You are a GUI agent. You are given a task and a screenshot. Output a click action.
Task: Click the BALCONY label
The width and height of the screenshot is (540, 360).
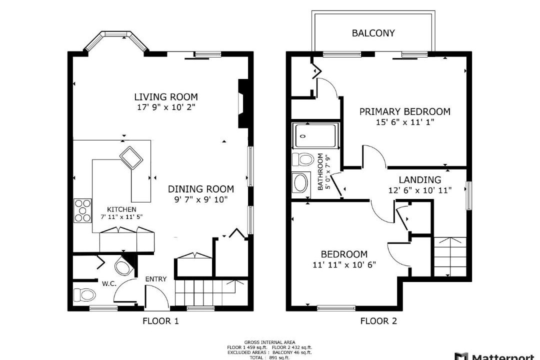(373, 33)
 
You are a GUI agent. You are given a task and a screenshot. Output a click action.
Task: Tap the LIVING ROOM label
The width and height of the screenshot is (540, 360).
(166, 97)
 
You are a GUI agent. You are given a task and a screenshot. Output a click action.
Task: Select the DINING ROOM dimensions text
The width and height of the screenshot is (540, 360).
(201, 199)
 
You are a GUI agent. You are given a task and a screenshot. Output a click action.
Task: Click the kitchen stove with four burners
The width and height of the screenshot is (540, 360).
(82, 210)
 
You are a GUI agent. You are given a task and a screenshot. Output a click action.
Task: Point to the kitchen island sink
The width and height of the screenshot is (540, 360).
(131, 158)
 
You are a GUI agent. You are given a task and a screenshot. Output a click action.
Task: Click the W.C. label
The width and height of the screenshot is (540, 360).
(109, 284)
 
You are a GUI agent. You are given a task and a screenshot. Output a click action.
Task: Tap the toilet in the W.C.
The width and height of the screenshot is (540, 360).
(84, 295)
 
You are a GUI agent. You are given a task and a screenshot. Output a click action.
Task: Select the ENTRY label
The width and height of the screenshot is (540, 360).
(156, 279)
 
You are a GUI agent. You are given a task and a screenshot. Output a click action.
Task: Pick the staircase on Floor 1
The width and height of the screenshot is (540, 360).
(206, 293)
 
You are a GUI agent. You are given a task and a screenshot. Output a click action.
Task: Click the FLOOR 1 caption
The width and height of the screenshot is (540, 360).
(160, 321)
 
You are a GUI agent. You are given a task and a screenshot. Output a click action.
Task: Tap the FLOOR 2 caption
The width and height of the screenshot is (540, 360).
(378, 321)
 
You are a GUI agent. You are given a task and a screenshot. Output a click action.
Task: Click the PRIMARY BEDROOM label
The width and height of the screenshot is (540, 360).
(405, 111)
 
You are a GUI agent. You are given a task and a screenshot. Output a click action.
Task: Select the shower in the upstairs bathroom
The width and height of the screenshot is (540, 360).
(315, 135)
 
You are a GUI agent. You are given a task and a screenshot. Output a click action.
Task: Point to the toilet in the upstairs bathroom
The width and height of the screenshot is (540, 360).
(303, 159)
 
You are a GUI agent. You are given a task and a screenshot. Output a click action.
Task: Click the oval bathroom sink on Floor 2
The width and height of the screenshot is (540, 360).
(300, 182)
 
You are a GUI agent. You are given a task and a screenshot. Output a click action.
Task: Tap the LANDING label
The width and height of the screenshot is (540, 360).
(420, 180)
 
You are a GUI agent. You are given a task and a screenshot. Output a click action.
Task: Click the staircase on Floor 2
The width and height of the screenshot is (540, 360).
(450, 256)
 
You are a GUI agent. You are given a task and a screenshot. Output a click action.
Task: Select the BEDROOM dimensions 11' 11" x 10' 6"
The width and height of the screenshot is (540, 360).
(344, 265)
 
